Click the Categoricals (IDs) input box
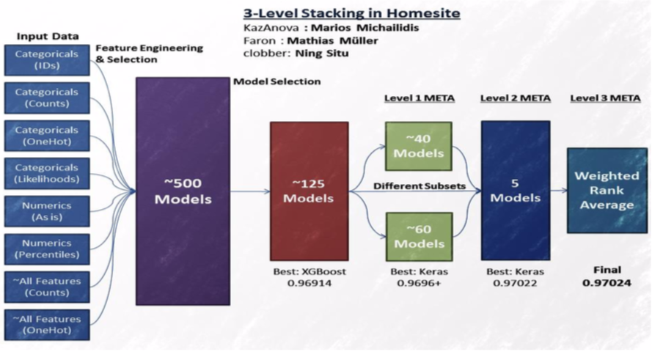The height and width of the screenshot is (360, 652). coord(47,60)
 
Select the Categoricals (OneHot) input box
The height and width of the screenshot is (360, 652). coord(47,136)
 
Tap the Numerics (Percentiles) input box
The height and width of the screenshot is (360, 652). coord(47,249)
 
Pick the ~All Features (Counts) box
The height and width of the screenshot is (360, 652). coord(47,287)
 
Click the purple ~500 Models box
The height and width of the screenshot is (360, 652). coord(183,191)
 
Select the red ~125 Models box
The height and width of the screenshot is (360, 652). coord(309,191)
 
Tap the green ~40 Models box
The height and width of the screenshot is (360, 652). coord(418,147)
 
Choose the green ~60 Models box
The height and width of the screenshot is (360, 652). coord(419,237)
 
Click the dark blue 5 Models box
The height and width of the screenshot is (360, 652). coord(516,191)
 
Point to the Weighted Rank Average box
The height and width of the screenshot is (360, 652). coord(607,191)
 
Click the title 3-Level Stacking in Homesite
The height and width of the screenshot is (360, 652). coord(352,13)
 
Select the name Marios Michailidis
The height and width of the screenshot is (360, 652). coord(365,28)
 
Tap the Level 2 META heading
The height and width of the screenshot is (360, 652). coord(516,98)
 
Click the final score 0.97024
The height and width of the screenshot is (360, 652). coord(607,283)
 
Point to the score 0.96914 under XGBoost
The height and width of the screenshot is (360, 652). coord(309,283)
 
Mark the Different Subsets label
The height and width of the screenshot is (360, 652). coord(420,185)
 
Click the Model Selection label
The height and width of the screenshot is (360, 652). coord(277,81)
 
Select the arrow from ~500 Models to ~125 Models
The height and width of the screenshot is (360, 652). coord(250,191)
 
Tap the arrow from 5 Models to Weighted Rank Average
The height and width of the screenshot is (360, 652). coord(558,191)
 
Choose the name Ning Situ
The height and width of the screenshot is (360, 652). coord(322,54)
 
